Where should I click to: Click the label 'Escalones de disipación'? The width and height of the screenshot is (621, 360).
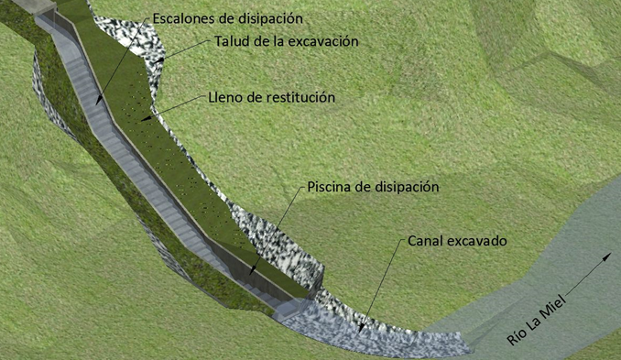pyautogui.click(x=228, y=18)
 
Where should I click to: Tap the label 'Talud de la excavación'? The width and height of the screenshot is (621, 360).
pyautogui.click(x=287, y=41)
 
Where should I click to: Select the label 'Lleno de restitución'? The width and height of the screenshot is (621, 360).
pyautogui.click(x=272, y=97)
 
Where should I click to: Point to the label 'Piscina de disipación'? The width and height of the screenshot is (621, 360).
pyautogui.click(x=373, y=187)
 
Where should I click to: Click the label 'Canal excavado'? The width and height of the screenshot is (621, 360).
pyautogui.click(x=457, y=241)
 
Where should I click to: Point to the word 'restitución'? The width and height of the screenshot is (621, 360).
pyautogui.click(x=300, y=97)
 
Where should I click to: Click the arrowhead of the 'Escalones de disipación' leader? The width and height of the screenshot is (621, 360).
pyautogui.click(x=97, y=101)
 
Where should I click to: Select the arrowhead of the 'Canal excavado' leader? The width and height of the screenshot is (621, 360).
pyautogui.click(x=360, y=328)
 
